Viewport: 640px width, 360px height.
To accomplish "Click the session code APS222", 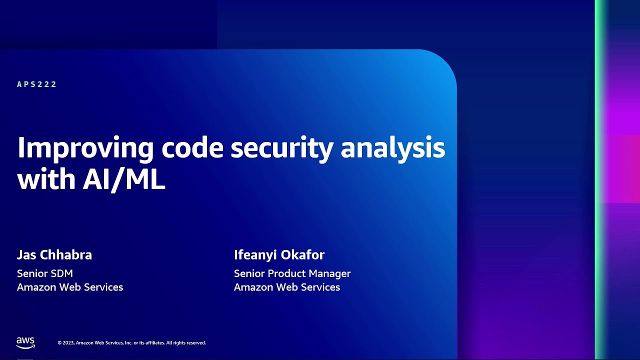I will [x=37, y=84].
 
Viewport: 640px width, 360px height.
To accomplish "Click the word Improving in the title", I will [x=85, y=148].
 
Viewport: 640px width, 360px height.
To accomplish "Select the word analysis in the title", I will [x=392, y=148].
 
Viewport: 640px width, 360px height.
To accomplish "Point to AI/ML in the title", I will [x=123, y=180].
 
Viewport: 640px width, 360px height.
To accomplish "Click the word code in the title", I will [x=192, y=148].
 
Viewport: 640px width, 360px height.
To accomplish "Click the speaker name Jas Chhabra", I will [x=54, y=255].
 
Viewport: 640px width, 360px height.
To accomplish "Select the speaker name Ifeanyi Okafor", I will [x=279, y=255].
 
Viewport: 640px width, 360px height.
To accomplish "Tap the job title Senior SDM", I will [x=45, y=273].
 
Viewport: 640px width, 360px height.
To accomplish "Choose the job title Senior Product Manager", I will [x=292, y=273].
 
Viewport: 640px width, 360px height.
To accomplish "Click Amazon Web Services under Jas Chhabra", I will [x=70, y=287].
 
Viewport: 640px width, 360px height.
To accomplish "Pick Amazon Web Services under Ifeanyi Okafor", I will [x=287, y=287].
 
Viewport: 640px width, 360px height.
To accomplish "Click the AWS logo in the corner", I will [x=25, y=342].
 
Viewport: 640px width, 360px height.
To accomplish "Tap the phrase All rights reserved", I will [x=186, y=343].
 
